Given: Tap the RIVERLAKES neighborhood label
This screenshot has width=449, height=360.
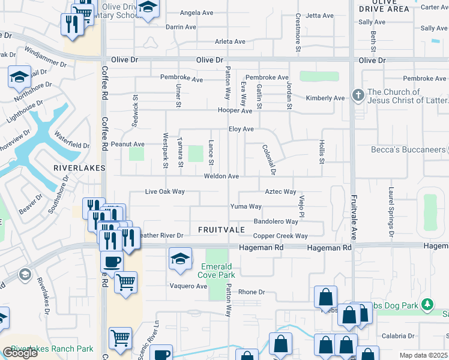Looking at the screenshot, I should pos(79,168).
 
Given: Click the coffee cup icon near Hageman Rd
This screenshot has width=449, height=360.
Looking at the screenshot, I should pos(112,262).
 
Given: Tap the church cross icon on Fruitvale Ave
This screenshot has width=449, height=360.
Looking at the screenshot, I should pos(358,95).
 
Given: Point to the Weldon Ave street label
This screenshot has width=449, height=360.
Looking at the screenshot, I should pos(221,176).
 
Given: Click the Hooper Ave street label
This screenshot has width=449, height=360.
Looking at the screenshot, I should pos(235,111).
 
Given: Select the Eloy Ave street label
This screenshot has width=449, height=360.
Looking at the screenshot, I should pos(241,129).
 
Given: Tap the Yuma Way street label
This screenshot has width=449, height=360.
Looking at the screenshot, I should pos(246,206).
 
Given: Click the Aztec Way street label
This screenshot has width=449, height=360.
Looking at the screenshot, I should pos(281,192).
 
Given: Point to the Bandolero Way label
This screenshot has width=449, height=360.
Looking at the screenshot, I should pos(276,221).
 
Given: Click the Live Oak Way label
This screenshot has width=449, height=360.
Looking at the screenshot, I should pos(164,192).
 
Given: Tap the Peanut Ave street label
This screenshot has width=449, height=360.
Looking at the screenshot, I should pos(127,144).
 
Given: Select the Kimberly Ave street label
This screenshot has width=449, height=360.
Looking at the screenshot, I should pos(325,98).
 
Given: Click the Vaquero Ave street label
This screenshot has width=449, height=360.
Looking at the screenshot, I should pos(188,286).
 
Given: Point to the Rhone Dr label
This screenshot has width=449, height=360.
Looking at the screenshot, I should pos(252,292).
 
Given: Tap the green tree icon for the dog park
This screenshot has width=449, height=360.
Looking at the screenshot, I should pos(427,305).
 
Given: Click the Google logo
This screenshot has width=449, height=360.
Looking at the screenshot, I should pos(20,353).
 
